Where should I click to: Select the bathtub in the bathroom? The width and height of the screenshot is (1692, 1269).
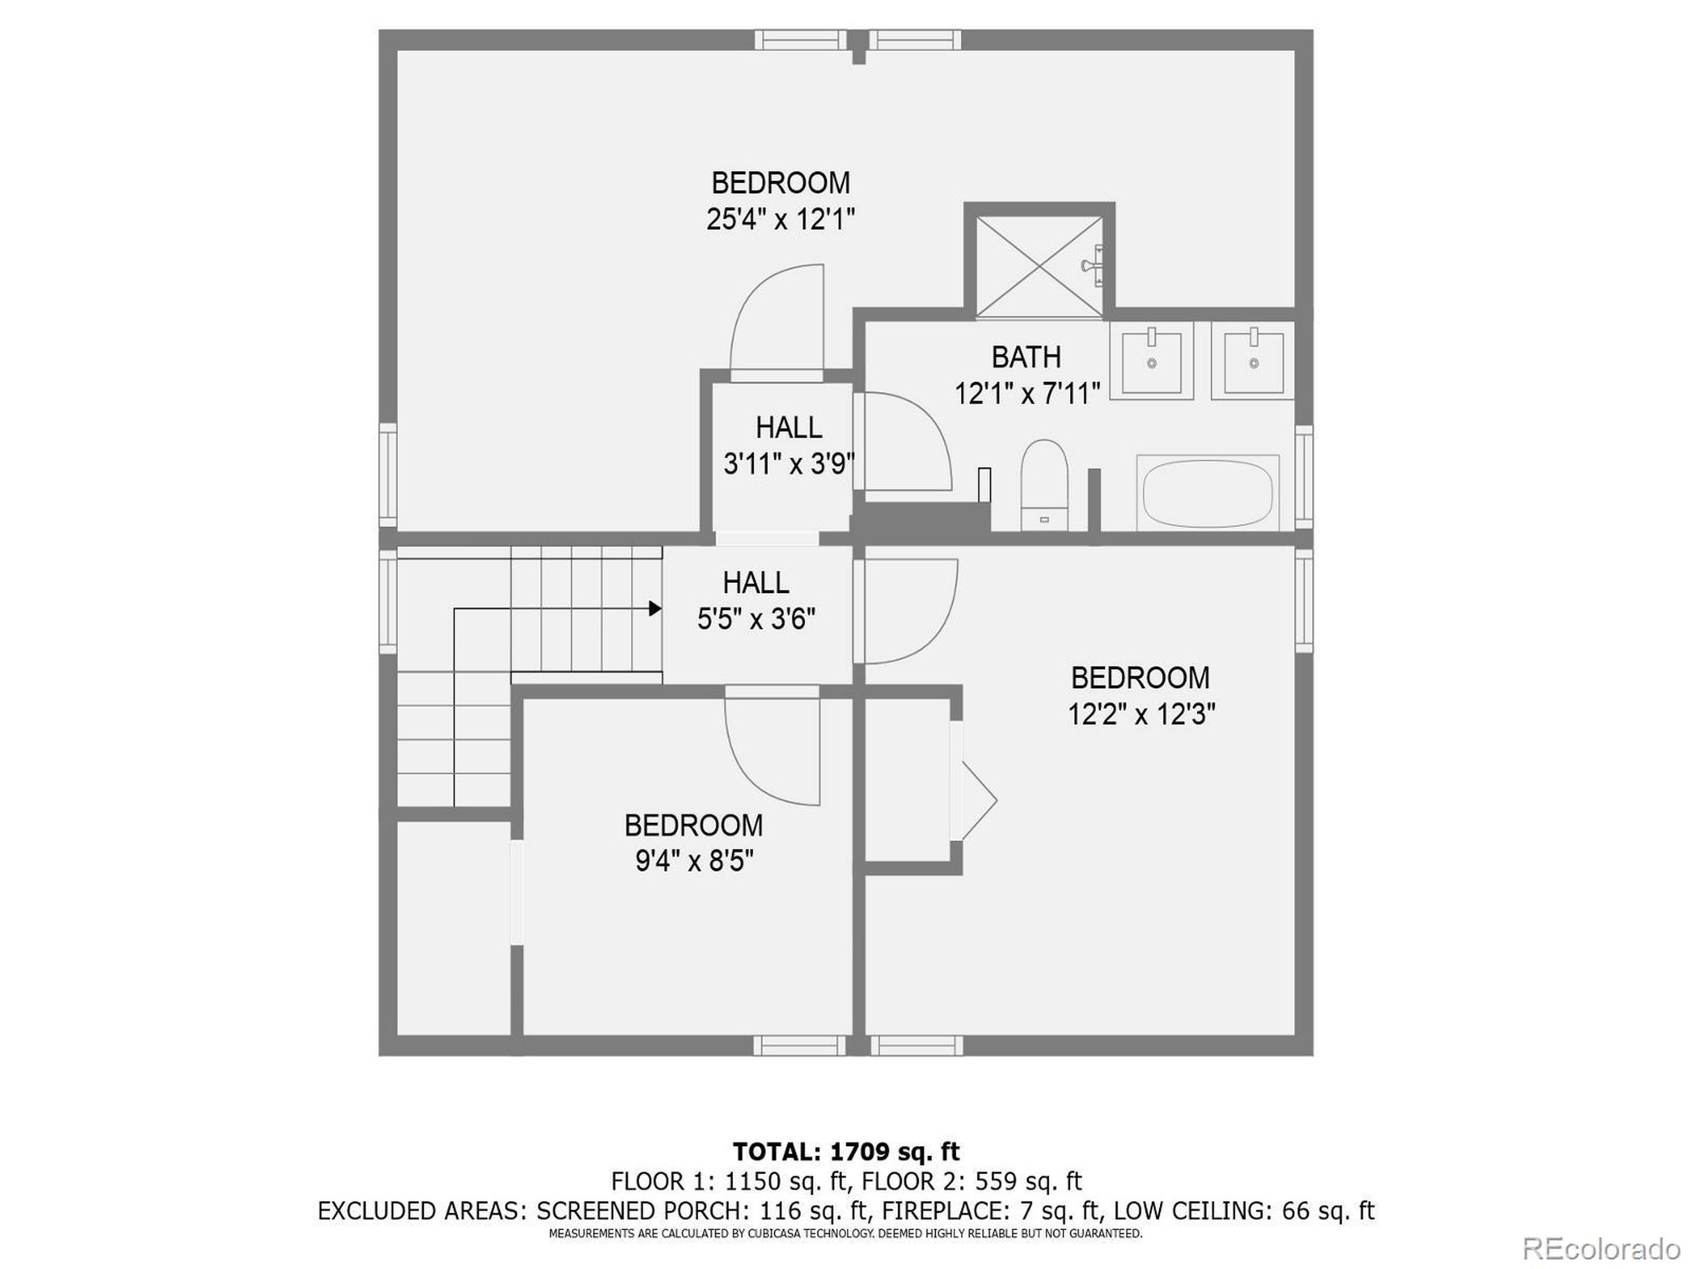coord(1208,492)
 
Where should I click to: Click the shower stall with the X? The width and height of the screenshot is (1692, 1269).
coord(1039,266)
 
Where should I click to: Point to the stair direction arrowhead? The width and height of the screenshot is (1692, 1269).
coord(655,608)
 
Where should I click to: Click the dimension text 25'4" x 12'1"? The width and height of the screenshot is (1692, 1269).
coord(780,220)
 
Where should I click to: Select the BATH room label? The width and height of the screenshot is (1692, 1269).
coord(1026,357)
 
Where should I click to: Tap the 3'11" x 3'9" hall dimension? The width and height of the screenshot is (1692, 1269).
coord(788,463)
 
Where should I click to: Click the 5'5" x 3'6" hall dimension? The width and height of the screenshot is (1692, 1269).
coord(755,618)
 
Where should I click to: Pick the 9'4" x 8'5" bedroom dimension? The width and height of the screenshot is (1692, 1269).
coord(695,862)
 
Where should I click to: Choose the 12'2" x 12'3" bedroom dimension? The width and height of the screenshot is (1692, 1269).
coord(1141,714)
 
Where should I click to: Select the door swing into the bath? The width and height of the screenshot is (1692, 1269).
coord(904,442)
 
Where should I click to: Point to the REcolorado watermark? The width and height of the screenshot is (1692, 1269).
coord(1601,1249)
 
